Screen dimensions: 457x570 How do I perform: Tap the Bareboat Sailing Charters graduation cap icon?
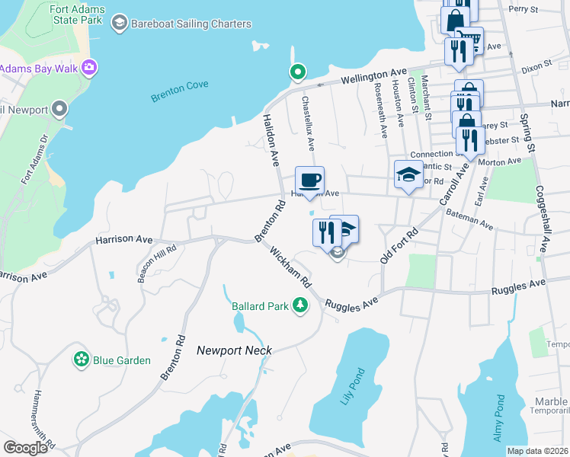pos(119,24)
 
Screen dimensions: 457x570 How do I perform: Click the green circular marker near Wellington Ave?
pos(296,72)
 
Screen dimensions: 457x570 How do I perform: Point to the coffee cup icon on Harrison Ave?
pos(309,181)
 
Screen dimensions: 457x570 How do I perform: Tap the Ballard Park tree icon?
pos(301,305)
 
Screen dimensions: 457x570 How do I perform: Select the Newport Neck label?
pos(234,350)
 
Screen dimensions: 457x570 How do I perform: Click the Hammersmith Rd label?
pos(40,417)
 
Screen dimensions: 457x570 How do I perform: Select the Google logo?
pos(25,448)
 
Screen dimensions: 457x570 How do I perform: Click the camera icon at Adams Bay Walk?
pos(90,69)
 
